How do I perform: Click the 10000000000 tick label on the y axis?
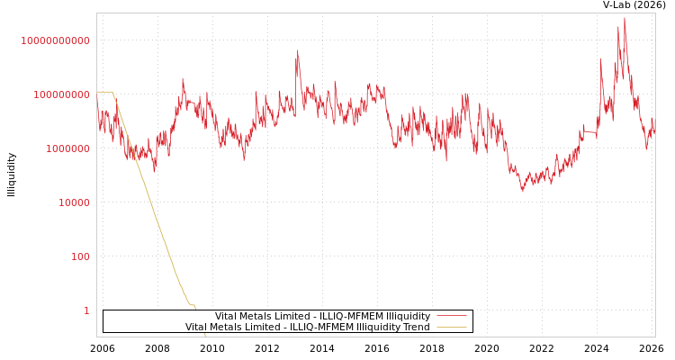tap(55, 40)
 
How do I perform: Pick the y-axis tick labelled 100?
tap(80, 256)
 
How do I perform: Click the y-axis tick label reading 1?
tap(86, 310)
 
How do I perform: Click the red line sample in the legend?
tap(451, 316)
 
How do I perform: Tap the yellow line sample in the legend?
tap(451, 327)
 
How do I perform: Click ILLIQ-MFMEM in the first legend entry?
tap(351, 316)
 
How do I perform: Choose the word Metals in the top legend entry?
tap(261, 316)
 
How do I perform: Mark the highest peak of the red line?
tap(625, 18)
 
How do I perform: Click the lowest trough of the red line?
tap(522, 191)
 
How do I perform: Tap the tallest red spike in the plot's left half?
tap(298, 51)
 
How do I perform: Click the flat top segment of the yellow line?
tap(103, 92)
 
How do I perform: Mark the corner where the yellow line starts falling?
tap(112, 92)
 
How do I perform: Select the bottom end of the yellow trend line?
tap(205, 336)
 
